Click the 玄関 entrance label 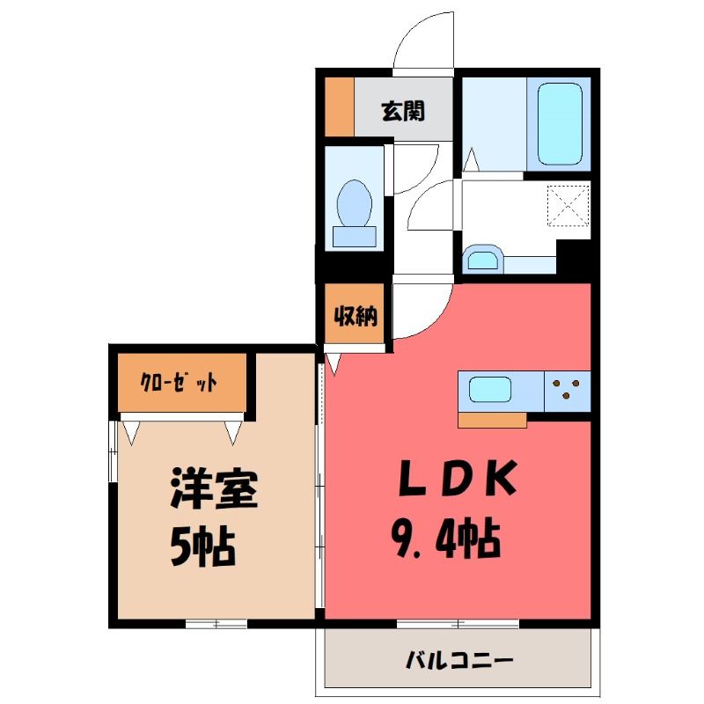403,111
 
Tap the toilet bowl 355,203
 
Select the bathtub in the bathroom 560,124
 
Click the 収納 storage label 356,317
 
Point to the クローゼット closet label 180,383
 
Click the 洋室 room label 214,488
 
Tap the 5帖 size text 203,547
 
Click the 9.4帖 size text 447,538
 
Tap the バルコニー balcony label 458,660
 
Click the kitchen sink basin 490,390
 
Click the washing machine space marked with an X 568,206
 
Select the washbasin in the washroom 483,259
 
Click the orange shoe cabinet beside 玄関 339,106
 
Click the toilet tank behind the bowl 355,237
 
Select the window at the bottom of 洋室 216,624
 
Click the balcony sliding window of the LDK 458,624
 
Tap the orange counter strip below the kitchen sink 492,421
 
